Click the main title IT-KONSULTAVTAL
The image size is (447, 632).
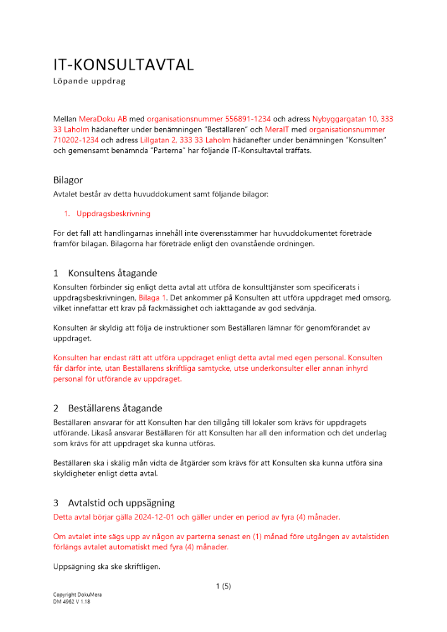click(123, 65)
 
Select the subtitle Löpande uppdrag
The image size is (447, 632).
click(89, 82)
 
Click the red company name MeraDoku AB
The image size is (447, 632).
click(103, 118)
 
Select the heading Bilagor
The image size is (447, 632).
click(68, 180)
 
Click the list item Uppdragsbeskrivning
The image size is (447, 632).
click(113, 214)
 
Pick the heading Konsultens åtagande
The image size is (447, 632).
click(113, 274)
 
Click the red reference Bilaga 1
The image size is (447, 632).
click(155, 297)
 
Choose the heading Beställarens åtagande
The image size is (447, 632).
click(116, 409)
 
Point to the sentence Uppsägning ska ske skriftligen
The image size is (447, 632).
click(107, 567)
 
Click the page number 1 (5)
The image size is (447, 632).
click(223, 586)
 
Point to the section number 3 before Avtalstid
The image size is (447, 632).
click(56, 503)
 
